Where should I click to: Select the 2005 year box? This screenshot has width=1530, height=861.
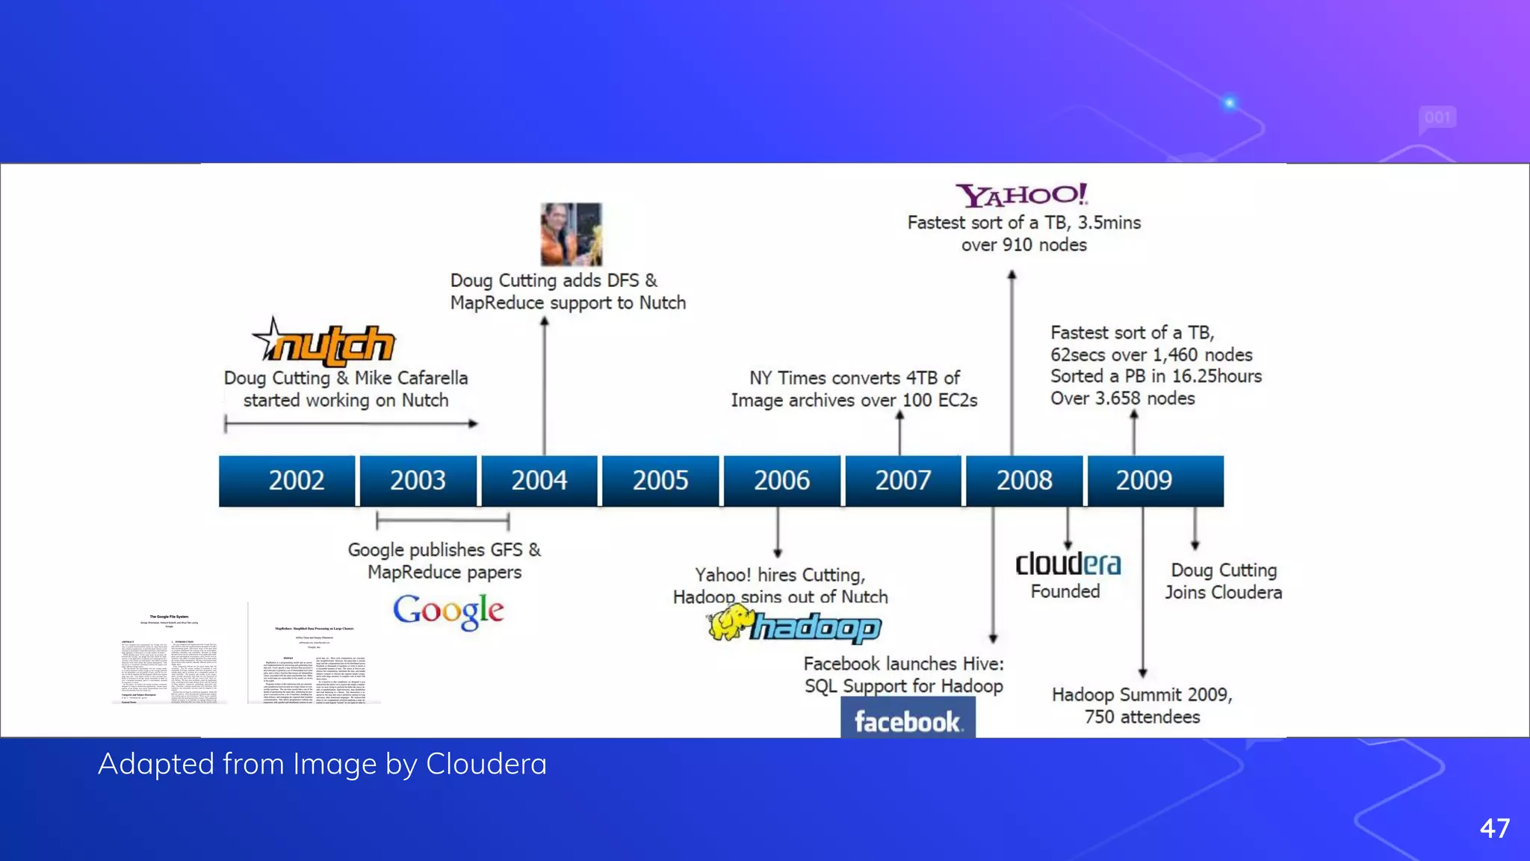(660, 481)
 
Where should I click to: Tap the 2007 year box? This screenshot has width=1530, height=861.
(902, 481)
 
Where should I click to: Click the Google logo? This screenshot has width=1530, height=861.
(448, 611)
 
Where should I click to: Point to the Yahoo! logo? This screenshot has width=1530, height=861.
(1022, 196)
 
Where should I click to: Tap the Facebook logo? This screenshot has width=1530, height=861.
(908, 720)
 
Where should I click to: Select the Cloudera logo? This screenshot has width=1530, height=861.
(1068, 564)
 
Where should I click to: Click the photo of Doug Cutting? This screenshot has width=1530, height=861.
(571, 234)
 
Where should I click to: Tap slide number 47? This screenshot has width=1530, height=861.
(1494, 828)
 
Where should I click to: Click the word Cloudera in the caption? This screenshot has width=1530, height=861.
(486, 765)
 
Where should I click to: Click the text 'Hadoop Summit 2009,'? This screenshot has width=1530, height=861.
(1142, 695)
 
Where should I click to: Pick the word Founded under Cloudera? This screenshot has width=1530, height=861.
(1065, 592)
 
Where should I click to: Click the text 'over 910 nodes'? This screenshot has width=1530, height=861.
(1023, 245)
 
